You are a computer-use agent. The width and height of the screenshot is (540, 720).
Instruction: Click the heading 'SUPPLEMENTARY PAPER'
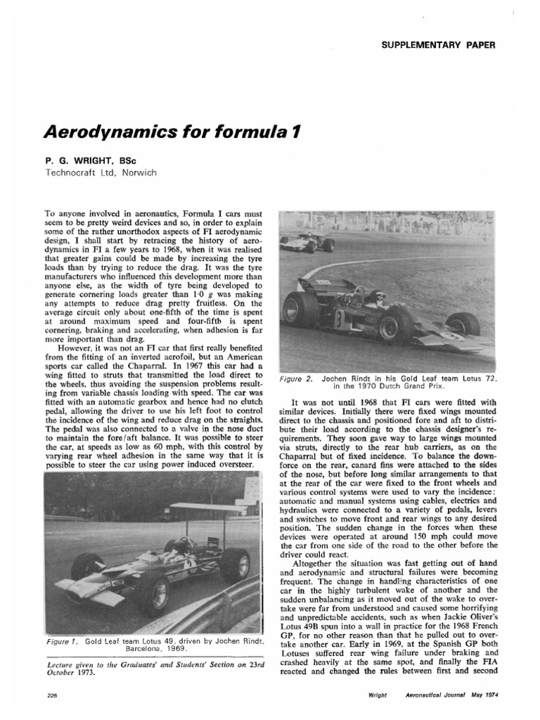[439, 45]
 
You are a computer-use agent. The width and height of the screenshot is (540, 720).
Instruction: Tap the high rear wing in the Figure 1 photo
[207, 506]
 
